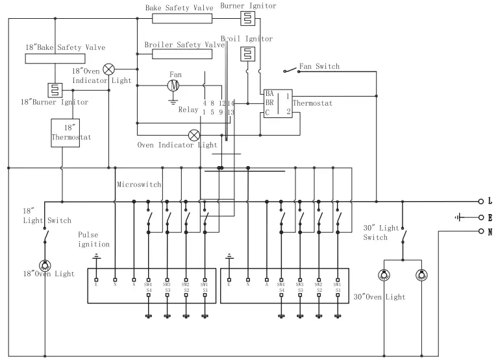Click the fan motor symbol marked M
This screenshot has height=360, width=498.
click(x=173, y=85)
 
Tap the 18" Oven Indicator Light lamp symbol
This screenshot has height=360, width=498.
click(x=109, y=69)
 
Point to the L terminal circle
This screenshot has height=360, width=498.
click(x=480, y=201)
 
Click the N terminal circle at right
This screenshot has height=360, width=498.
click(x=480, y=231)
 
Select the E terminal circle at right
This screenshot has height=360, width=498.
click(x=480, y=217)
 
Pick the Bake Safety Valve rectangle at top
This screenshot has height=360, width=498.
click(x=184, y=19)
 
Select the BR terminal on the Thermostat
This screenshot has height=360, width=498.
click(x=269, y=102)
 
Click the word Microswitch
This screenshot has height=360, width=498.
click(x=138, y=185)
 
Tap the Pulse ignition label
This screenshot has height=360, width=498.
click(x=93, y=239)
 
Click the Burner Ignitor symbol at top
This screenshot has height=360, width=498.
click(x=247, y=18)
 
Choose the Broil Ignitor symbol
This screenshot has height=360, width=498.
click(x=247, y=54)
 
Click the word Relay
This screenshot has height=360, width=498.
click(x=188, y=110)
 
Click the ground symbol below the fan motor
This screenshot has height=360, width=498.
click(x=173, y=100)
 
